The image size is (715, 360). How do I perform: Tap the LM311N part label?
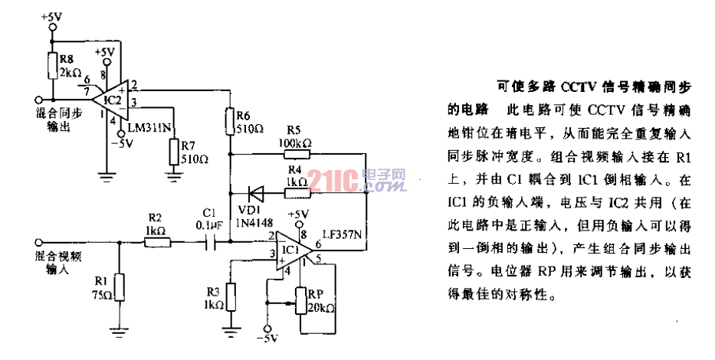point(148,127)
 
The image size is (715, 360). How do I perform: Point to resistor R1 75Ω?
point(119,284)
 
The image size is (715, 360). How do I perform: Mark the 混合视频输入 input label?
point(57,263)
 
